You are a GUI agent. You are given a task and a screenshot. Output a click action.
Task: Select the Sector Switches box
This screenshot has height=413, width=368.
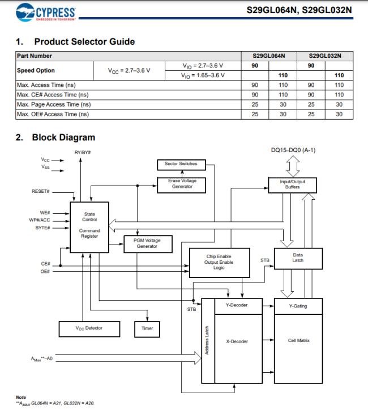click(x=181, y=164)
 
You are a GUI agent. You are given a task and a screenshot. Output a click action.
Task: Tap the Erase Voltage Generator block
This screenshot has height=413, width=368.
click(x=182, y=184)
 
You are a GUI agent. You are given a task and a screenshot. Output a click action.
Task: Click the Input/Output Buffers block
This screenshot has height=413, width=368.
click(x=292, y=184)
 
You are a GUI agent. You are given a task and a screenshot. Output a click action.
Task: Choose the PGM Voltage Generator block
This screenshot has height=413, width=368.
click(x=147, y=243)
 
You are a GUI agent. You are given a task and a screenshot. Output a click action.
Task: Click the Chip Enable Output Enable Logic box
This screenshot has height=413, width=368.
click(x=219, y=262)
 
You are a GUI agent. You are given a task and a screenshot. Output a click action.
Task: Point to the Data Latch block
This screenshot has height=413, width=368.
click(x=298, y=258)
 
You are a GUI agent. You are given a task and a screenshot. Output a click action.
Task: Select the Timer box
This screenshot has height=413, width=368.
click(x=147, y=328)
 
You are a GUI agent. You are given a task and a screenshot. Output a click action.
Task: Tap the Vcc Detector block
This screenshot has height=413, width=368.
click(x=89, y=328)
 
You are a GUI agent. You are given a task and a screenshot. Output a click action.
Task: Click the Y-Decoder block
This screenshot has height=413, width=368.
click(x=236, y=305)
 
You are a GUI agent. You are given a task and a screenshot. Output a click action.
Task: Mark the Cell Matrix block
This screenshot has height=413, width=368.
click(x=298, y=340)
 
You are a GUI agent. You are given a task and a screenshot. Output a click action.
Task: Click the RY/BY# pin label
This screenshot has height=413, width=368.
click(x=83, y=153)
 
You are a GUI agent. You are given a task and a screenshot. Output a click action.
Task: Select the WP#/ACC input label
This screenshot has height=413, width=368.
click(x=39, y=220)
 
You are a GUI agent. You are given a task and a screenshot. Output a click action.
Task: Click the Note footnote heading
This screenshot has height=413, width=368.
click(x=21, y=397)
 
